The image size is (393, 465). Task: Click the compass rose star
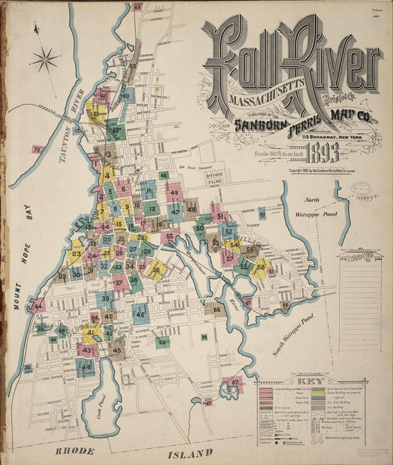[x=45, y=58]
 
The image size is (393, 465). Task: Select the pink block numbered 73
[x=37, y=149]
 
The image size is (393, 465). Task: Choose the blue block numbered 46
[x=140, y=314]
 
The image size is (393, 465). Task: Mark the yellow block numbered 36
[x=156, y=270]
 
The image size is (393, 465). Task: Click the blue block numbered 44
[x=86, y=366]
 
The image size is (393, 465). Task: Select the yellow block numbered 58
[x=260, y=266]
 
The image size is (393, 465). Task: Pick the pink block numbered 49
[x=174, y=193]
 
